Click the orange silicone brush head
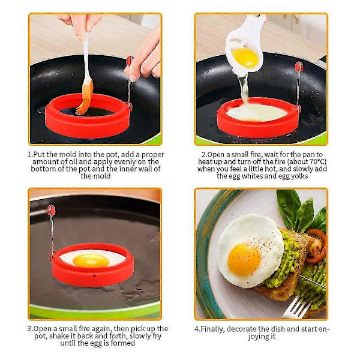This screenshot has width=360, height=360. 85,98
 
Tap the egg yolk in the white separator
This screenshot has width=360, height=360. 245,58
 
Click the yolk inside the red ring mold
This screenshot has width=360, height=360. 91,260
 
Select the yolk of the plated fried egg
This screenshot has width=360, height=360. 244,259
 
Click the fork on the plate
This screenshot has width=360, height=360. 296,306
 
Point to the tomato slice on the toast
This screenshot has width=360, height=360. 316,245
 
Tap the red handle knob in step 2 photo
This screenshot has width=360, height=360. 299,67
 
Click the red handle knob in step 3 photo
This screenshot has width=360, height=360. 51,209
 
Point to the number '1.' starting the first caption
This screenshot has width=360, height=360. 31,154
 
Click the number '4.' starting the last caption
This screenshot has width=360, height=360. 197,329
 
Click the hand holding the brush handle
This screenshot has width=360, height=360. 79,25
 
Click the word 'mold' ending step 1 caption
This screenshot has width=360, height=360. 102,176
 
